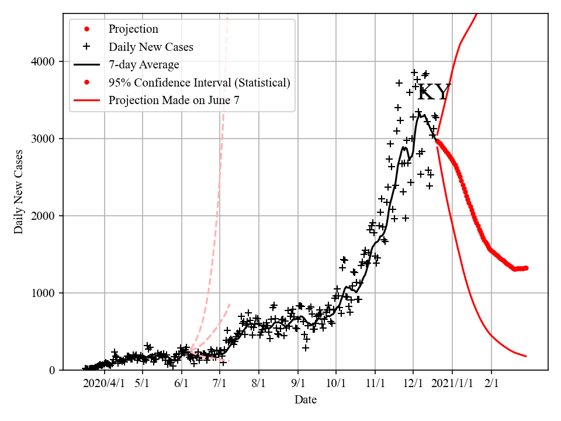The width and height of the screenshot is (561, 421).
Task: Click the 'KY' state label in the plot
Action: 434,93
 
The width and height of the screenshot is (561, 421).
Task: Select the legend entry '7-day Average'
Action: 144,65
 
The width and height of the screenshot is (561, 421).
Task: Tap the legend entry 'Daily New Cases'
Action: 151,47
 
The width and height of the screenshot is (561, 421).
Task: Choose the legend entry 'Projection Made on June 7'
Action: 174,101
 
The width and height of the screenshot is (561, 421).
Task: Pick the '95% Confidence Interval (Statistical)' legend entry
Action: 199,82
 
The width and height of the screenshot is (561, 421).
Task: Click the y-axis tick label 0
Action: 53,370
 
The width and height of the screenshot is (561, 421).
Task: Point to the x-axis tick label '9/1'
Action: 297,384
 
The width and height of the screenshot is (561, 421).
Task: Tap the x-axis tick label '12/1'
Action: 413,384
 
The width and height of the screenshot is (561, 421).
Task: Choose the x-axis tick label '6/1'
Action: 182,384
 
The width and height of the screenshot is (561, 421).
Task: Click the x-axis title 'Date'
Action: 306,400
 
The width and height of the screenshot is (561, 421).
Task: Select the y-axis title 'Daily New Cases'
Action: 19,191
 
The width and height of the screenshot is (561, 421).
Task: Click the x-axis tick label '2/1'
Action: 491,384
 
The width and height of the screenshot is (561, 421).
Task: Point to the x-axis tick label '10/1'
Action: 336,384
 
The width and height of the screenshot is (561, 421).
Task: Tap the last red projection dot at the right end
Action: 526,268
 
